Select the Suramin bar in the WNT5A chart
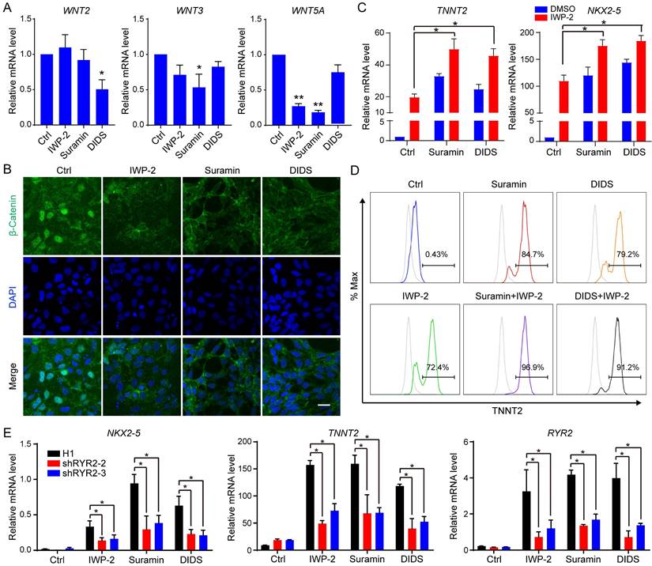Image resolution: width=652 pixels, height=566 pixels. pyautogui.click(x=297, y=119)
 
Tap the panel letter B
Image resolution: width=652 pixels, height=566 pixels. pyautogui.click(x=7, y=147)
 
